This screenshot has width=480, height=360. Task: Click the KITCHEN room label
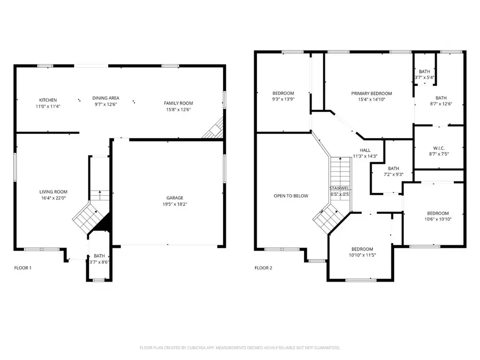pyautogui.click(x=48, y=100)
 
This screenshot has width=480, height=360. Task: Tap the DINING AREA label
pyautogui.click(x=106, y=98)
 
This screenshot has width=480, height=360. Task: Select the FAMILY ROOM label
pyautogui.click(x=178, y=103)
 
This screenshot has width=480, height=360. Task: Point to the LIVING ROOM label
pyautogui.click(x=53, y=191)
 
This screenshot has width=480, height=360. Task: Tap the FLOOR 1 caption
pyautogui.click(x=22, y=268)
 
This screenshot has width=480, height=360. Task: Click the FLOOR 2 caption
pyautogui.click(x=263, y=268)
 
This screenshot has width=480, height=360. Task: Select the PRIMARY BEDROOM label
pyautogui.click(x=371, y=93)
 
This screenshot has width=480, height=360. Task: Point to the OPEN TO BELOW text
pyautogui.click(x=291, y=196)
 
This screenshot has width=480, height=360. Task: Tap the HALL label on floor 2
pyautogui.click(x=365, y=150)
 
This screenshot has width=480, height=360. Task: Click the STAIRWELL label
pyautogui.click(x=339, y=188)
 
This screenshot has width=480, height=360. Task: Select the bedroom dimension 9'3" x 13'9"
pyautogui.click(x=283, y=99)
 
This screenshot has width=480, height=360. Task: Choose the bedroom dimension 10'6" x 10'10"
pyautogui.click(x=438, y=219)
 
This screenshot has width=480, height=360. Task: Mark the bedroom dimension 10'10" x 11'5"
pyautogui.click(x=362, y=255)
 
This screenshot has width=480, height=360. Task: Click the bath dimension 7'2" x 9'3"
pyautogui.click(x=394, y=174)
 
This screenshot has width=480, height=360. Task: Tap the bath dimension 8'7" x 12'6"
pyautogui.click(x=441, y=104)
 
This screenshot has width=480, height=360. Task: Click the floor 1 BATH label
pyautogui.click(x=99, y=256)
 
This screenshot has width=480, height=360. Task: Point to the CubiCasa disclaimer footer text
pyautogui.click(x=239, y=348)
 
